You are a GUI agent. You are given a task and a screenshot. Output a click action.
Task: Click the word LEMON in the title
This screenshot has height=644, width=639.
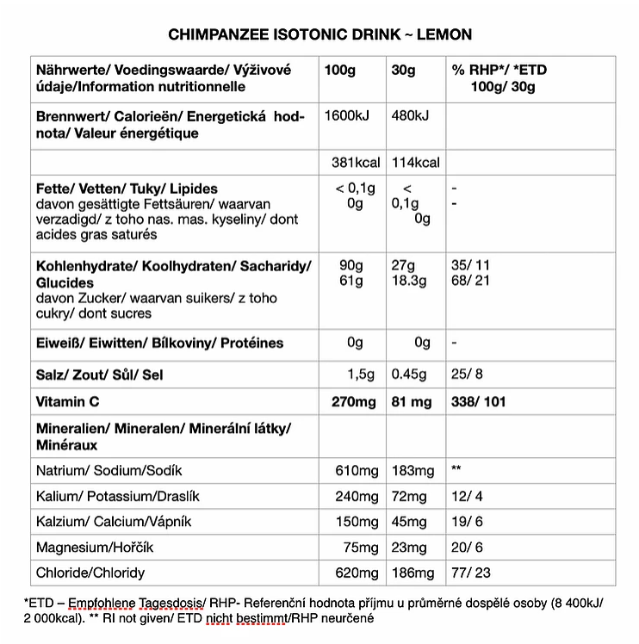444,34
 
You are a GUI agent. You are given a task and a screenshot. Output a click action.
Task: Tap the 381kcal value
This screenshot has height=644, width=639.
356,163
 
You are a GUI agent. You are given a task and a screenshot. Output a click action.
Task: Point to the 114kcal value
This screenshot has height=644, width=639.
416,163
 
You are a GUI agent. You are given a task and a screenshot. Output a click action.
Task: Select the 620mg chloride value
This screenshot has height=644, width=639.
357,573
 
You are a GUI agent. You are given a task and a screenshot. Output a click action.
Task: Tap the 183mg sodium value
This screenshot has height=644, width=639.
413,471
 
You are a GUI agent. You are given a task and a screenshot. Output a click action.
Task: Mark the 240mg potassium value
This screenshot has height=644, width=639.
357,497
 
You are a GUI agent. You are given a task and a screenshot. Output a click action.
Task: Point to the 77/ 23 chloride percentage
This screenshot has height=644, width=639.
472,573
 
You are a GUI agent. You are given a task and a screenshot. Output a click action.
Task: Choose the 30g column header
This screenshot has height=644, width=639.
403,70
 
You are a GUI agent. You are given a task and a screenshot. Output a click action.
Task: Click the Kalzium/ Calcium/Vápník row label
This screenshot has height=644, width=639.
114,523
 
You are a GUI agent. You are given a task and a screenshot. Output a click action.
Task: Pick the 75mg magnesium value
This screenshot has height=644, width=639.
360,548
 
